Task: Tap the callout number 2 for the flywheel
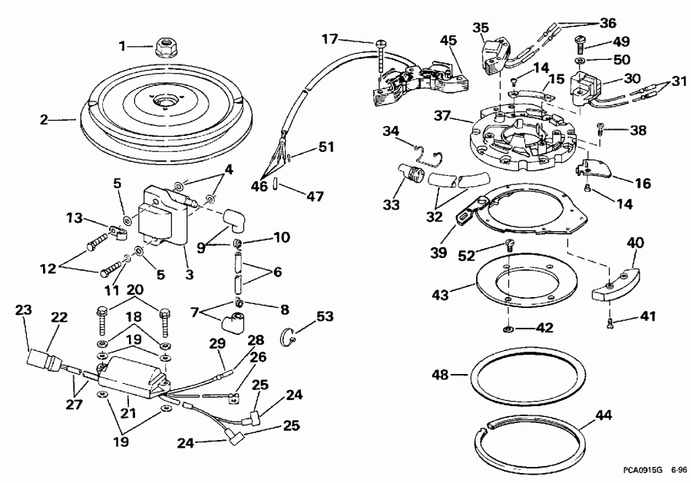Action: coord(44,120)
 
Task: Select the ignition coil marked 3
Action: coord(164,216)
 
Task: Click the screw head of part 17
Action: coord(380,43)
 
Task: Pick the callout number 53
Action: coord(324,316)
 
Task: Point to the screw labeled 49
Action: coord(579,45)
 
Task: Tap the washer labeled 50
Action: coord(579,60)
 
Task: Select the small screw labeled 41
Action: coord(610,323)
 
